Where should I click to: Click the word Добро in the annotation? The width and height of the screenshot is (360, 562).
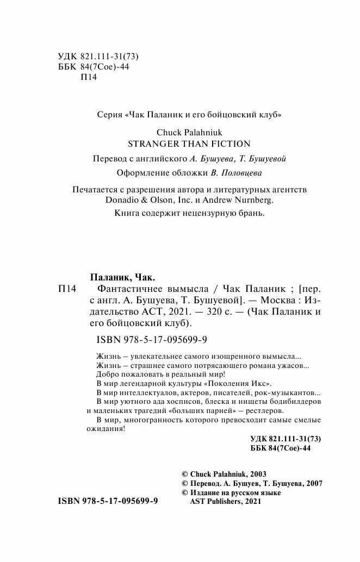tap(107, 374)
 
